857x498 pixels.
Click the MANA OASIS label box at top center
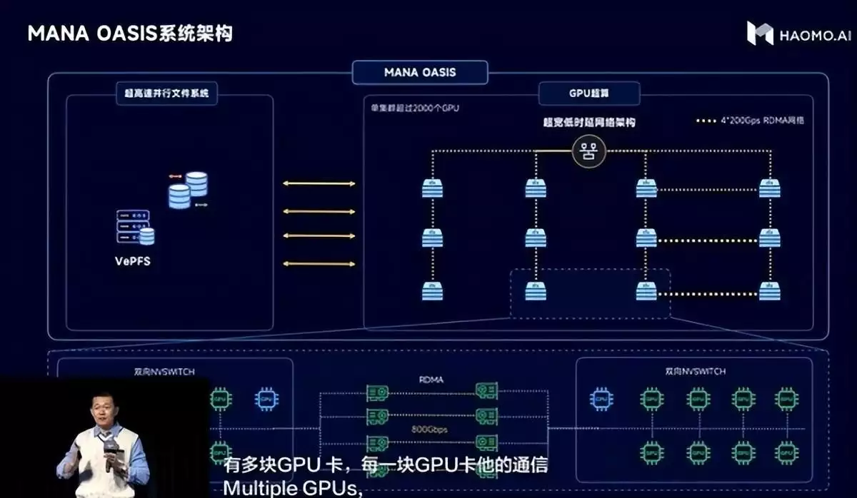tap(420, 72)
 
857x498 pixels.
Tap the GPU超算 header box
tap(589, 93)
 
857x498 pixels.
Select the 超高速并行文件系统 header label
tap(166, 93)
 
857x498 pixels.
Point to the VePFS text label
tap(133, 260)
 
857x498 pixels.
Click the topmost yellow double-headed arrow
tap(319, 184)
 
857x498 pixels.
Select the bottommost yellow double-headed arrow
tap(319, 264)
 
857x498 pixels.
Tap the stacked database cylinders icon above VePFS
tap(188, 189)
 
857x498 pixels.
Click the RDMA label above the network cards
tap(431, 380)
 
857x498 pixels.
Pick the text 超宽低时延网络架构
tap(589, 122)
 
